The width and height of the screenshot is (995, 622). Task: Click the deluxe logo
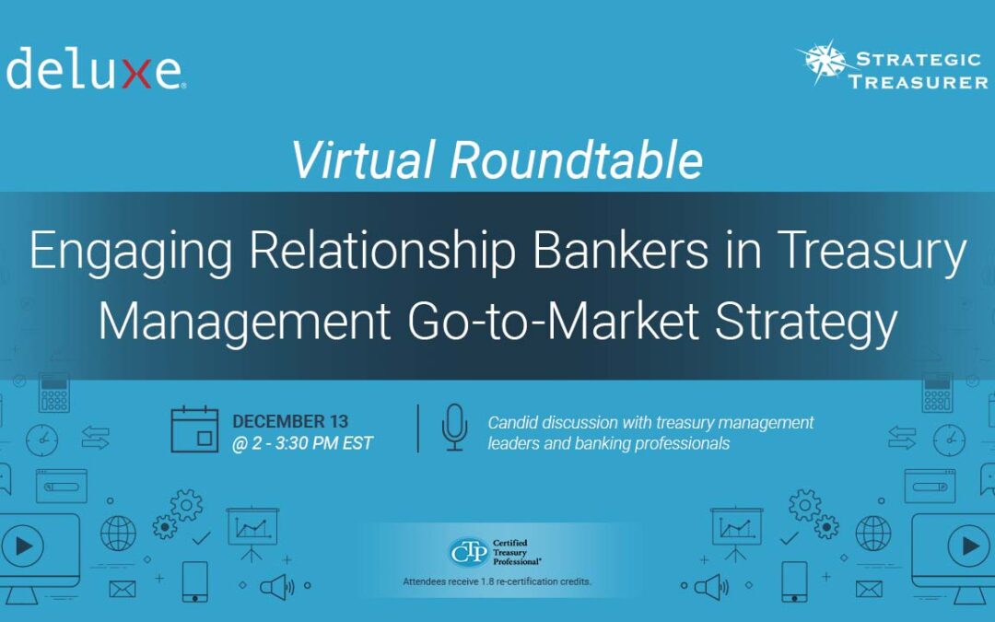pyautogui.click(x=96, y=67)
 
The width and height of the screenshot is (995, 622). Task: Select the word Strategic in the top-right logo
pyautogui.click(x=919, y=59)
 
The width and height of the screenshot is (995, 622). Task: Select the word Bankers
pyautogui.click(x=620, y=250)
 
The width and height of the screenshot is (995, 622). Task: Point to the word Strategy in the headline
pyautogui.click(x=806, y=323)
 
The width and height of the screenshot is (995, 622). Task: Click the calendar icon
pyautogui.click(x=194, y=429)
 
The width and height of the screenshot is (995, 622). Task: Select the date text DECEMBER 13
pyautogui.click(x=290, y=421)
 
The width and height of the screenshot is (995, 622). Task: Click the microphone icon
pyautogui.click(x=454, y=428)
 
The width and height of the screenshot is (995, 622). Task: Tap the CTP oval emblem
pyautogui.click(x=469, y=552)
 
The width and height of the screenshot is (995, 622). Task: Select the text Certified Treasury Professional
pyautogui.click(x=517, y=552)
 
